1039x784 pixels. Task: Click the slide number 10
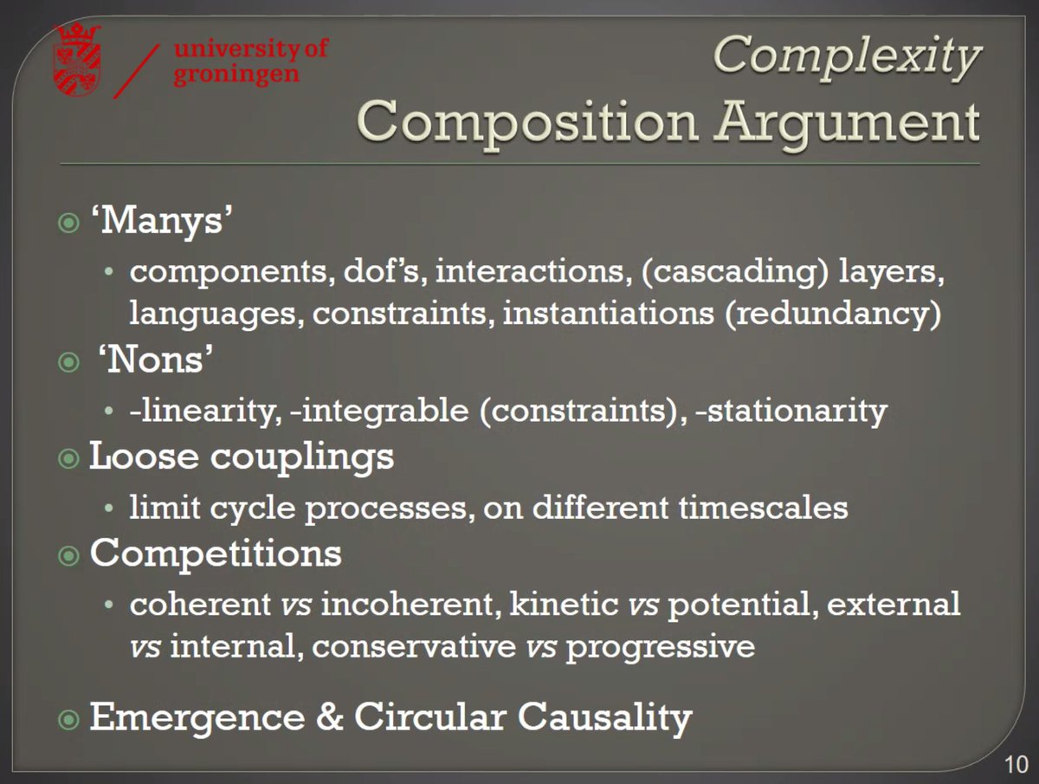1015,764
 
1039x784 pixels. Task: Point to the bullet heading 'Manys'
164,224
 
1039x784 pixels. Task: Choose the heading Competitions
216,553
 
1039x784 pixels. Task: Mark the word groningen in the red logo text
237,74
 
